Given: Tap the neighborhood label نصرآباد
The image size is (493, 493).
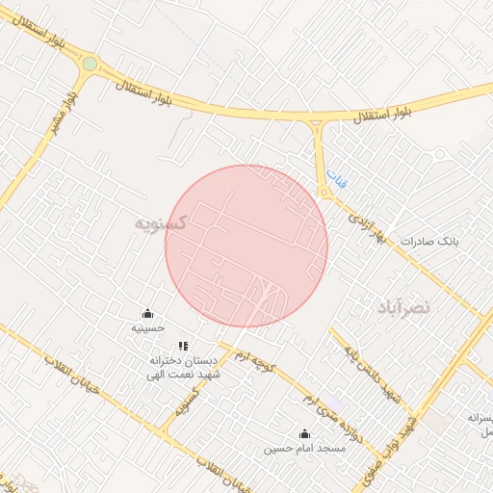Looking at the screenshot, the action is [405, 307].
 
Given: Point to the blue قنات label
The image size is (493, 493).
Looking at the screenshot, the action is [333, 178].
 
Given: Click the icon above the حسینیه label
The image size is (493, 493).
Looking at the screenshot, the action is [147, 314].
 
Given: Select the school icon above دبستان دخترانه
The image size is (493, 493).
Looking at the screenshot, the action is [183, 346].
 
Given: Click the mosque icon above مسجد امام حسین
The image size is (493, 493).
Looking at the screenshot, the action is [305, 433].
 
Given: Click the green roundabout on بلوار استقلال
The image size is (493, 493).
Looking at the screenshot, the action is [90, 65].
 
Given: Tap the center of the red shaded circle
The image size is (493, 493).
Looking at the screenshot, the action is [246, 246].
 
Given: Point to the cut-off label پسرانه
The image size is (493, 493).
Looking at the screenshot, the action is [480, 418].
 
